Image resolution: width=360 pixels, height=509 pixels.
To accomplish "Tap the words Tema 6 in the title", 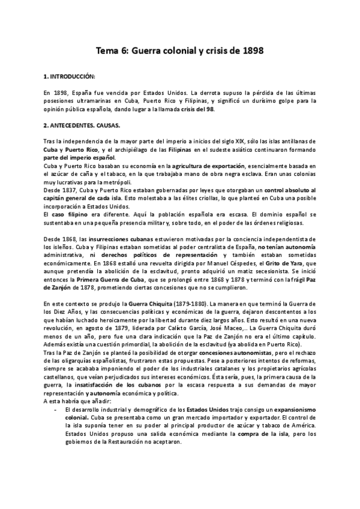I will [112, 52].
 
